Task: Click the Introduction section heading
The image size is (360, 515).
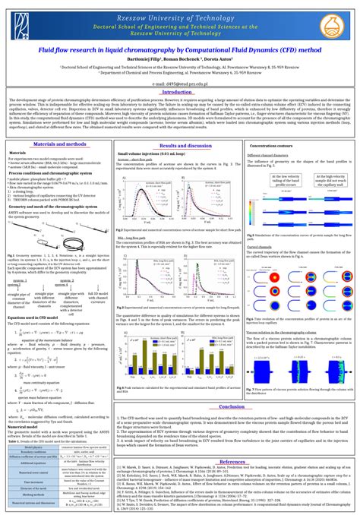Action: (x=180, y=92)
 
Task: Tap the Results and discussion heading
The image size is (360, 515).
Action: (x=180, y=144)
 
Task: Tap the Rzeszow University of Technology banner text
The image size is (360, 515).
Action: (x=179, y=14)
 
